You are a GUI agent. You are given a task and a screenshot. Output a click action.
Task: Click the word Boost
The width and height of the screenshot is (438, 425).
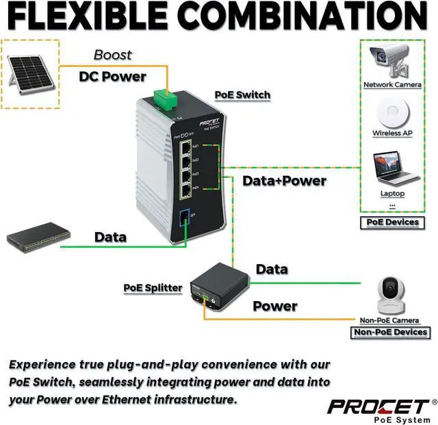(x=113, y=55)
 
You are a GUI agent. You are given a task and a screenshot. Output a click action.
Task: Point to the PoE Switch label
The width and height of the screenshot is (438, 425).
(x=243, y=95)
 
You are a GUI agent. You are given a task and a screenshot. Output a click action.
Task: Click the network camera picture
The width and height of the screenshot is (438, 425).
(x=390, y=62)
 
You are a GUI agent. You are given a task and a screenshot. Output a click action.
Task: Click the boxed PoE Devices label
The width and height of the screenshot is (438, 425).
(x=392, y=222)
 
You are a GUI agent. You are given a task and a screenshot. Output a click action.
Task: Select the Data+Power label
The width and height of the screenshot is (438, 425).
(x=285, y=181)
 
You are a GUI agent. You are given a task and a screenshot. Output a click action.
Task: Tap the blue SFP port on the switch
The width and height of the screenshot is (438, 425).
(x=184, y=220)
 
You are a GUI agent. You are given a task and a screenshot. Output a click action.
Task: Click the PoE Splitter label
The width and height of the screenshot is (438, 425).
(x=153, y=287)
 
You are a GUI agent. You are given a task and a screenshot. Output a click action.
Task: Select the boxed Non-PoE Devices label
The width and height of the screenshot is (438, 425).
(x=390, y=333)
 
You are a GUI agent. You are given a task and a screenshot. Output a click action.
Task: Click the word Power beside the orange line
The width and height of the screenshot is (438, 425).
(x=275, y=306)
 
